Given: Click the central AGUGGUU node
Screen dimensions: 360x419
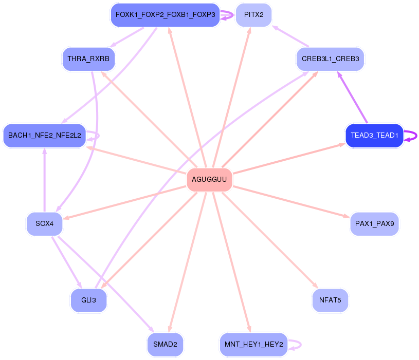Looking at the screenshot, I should (x=209, y=179).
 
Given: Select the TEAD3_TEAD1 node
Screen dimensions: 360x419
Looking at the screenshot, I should (x=374, y=136).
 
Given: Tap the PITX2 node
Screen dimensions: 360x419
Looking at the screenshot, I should (x=253, y=15).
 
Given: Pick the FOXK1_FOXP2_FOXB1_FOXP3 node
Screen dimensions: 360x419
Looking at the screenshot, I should (x=165, y=15).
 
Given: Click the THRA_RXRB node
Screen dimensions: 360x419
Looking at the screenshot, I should (x=88, y=59).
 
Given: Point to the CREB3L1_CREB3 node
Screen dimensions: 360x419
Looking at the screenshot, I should (x=331, y=59).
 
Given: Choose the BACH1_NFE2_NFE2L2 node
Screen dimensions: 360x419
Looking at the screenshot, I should (x=45, y=136).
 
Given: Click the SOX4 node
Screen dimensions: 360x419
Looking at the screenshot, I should (x=45, y=224).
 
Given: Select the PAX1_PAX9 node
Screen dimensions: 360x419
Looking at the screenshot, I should (x=374, y=224).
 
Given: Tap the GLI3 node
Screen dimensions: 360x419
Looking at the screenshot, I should (x=88, y=300).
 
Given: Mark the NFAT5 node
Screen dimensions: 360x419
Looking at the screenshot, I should (x=330, y=300).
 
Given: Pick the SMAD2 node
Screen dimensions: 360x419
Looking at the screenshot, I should (x=165, y=344).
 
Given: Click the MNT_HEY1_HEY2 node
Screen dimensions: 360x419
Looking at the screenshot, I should (x=253, y=344).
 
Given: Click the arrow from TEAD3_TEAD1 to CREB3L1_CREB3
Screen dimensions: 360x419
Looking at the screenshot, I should (x=353, y=98).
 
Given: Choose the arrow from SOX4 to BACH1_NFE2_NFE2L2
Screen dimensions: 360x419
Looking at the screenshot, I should (x=45, y=180).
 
